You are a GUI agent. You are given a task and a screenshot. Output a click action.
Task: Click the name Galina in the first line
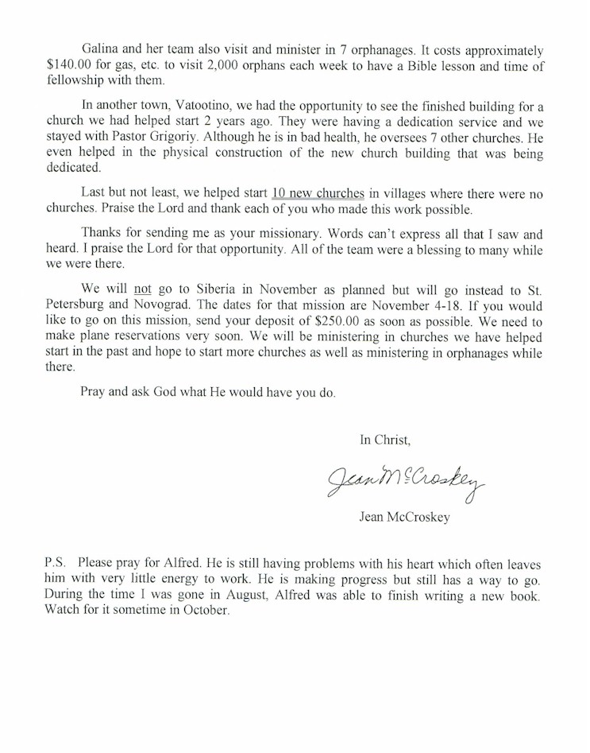pos(100,50)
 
